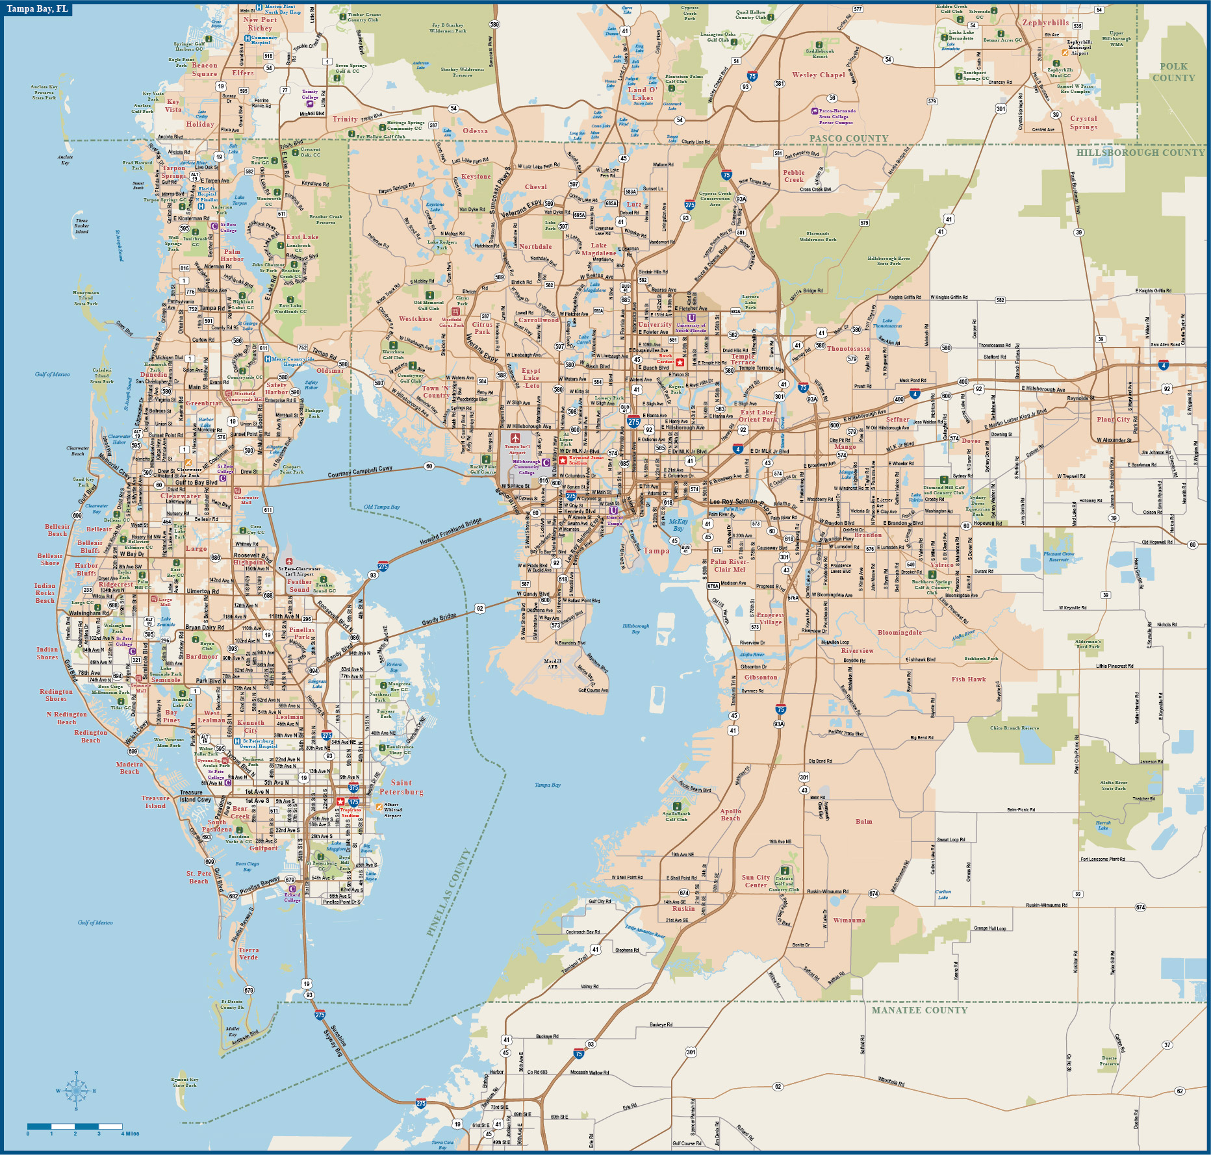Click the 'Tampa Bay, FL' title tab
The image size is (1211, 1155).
(37, 9)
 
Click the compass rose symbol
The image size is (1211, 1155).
(76, 1091)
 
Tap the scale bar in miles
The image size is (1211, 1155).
(75, 1126)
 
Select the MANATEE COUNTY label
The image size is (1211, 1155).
(919, 1010)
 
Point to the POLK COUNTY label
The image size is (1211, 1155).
(1173, 72)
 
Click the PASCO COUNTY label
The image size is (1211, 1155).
(848, 138)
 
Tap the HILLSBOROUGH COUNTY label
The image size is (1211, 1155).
(1140, 153)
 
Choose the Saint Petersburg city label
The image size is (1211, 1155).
(402, 787)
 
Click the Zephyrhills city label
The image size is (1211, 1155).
(1045, 23)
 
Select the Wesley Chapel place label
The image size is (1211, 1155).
(819, 75)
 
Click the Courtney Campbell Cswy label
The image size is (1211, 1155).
(360, 471)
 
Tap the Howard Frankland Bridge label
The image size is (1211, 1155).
(451, 531)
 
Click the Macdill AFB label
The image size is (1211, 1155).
(552, 664)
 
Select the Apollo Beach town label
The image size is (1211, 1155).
(730, 815)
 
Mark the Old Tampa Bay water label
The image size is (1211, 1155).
(382, 507)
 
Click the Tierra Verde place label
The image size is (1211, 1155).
(248, 954)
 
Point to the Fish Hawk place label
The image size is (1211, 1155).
(969, 679)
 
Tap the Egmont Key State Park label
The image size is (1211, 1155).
(185, 1082)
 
